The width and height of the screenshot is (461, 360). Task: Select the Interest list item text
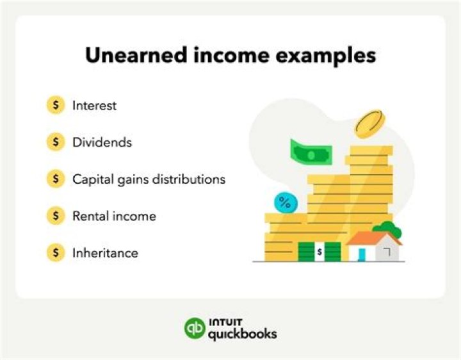94,106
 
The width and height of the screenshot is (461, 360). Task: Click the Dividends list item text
102,142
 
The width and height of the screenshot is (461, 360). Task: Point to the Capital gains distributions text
149,179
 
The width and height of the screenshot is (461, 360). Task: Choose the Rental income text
114,216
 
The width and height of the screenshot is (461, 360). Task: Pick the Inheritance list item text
105,252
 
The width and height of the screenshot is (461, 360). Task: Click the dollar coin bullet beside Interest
56,106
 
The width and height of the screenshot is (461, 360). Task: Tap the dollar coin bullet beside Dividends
56,142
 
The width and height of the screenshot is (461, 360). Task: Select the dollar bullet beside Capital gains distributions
56,179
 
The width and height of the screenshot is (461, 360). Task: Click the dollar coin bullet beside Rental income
56,216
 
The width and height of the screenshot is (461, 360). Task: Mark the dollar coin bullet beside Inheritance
56,252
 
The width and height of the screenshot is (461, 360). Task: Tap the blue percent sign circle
286,204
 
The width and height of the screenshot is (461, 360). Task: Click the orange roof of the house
373,239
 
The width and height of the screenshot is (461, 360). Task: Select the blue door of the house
362,254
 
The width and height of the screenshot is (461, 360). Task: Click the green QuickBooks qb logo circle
194,328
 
